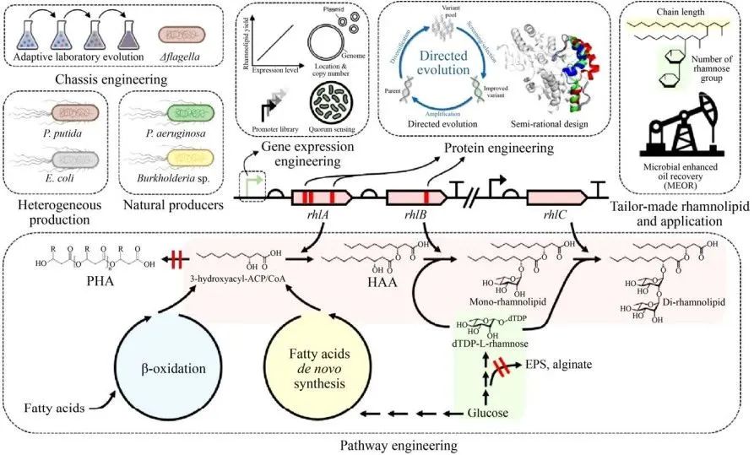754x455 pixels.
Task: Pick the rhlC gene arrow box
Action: tap(558, 198)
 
